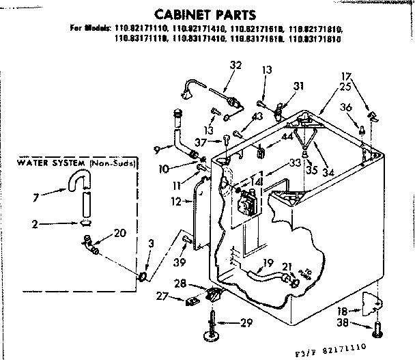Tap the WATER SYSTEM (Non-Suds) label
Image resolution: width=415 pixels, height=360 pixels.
76,165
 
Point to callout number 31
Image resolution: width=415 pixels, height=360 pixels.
298,85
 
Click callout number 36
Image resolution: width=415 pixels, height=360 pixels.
347,107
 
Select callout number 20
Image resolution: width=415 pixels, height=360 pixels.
120,233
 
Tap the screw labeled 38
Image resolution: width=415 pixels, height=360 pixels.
380,331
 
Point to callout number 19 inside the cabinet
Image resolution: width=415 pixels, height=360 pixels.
268,262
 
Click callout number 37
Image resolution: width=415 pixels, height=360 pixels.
201,141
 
